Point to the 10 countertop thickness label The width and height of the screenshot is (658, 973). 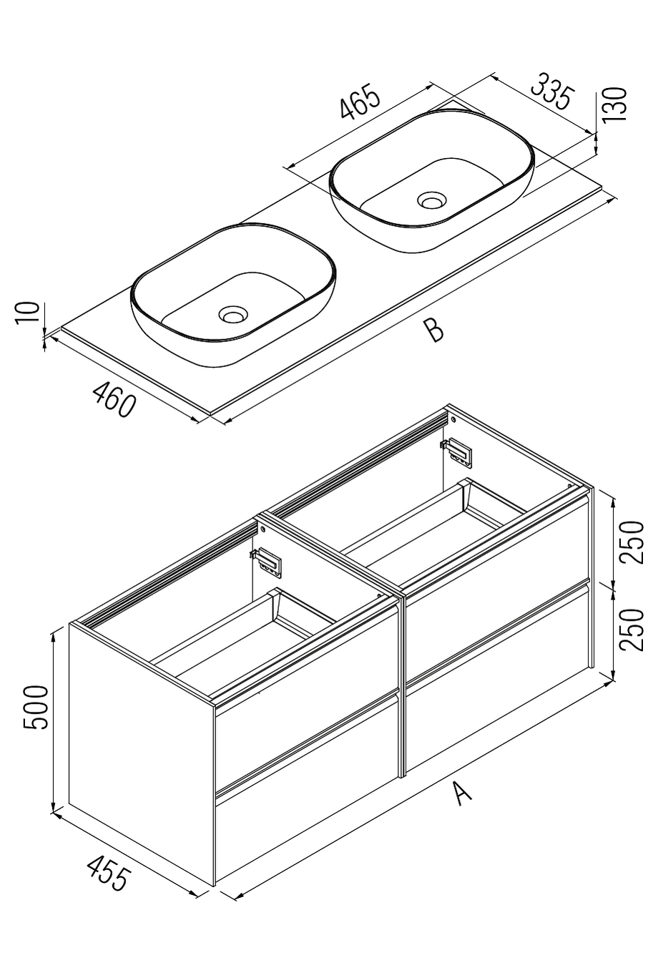[x=27, y=313]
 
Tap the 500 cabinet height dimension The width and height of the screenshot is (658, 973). [x=36, y=707]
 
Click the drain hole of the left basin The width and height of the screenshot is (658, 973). [x=232, y=314]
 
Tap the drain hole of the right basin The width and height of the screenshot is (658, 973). [x=431, y=200]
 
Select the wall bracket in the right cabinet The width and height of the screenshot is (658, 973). [x=457, y=449]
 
